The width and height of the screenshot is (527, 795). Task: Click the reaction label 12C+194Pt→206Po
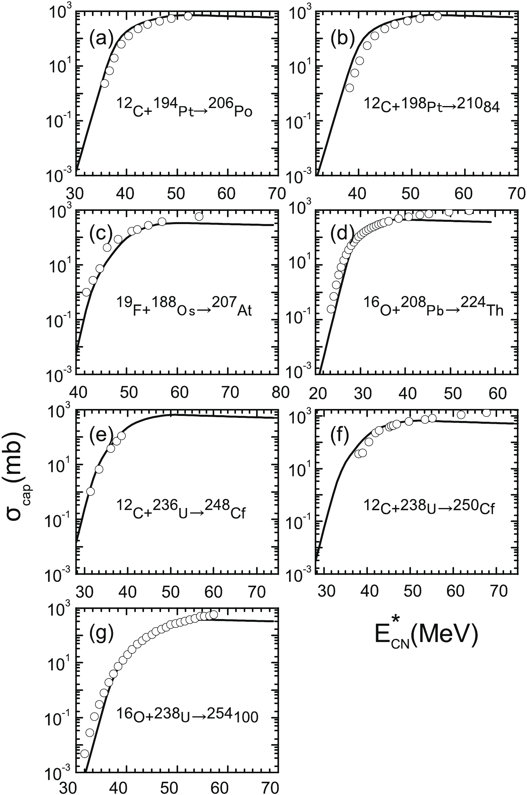click(184, 108)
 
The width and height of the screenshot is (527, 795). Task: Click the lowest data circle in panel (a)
click(104, 84)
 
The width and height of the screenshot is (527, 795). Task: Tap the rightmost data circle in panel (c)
click(199, 216)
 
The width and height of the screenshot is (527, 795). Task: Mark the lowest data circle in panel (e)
click(90, 491)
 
